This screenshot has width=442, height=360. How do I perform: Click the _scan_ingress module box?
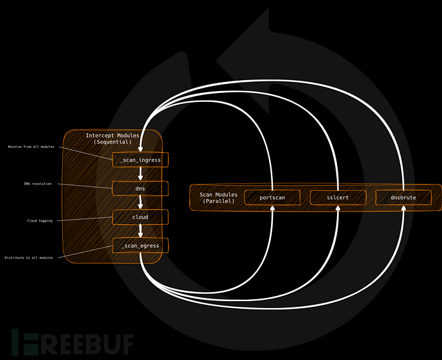pos(140,160)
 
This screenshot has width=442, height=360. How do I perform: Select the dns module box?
pos(140,188)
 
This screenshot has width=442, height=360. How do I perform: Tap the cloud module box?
pos(140,217)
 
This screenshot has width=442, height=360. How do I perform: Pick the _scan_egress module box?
pos(140,245)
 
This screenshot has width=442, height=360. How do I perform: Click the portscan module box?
pos(272,197)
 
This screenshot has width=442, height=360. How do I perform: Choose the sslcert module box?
pos(338,197)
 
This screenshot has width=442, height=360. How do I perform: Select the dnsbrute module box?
pos(404,197)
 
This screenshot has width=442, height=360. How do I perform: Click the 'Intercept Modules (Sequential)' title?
pos(112,138)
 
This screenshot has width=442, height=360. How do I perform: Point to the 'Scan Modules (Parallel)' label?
pos(218,198)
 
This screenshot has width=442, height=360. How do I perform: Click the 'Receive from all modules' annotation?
pos(31,147)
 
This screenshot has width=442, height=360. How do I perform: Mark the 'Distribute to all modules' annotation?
pos(29,258)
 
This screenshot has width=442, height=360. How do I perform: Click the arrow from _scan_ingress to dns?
pos(140,174)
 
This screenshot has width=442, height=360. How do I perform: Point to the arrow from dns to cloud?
pos(140,202)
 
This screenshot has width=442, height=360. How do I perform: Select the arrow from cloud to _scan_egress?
pos(140,231)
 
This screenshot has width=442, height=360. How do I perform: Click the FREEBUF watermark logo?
pos(72,343)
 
